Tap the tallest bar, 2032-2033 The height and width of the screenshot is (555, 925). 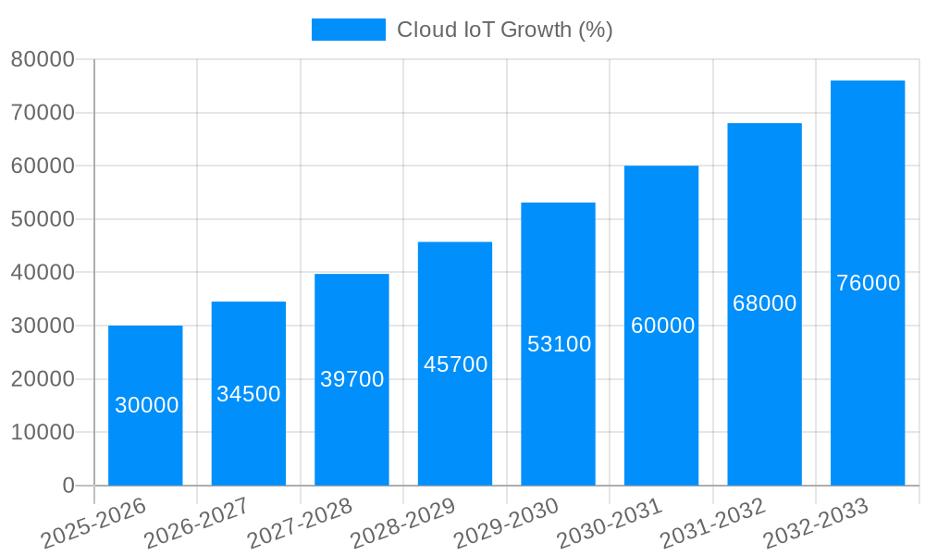(868, 283)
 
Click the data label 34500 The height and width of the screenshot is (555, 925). (249, 394)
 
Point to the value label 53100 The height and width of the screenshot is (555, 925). (559, 344)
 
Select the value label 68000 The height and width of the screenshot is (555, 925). (764, 303)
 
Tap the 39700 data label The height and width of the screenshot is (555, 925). (351, 379)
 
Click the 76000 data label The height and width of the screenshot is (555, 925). (868, 283)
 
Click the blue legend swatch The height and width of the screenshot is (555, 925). (348, 30)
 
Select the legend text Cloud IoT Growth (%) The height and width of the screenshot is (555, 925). (505, 30)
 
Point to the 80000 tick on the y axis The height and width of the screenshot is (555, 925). (42, 60)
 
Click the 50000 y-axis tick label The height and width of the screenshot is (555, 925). (42, 220)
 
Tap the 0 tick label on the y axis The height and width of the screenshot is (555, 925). (68, 486)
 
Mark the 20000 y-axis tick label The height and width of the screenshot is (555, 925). (42, 379)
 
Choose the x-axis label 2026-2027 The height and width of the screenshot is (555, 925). (196, 523)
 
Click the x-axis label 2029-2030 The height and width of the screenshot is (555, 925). (506, 523)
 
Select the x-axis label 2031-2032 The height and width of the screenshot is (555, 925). (712, 523)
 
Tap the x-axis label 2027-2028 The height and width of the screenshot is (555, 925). (300, 523)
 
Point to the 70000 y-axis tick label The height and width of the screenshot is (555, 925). (42, 114)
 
